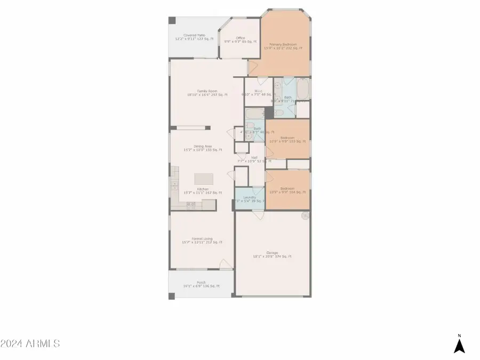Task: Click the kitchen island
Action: (203, 178)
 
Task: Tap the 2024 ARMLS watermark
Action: (30, 343)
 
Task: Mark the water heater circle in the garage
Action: (305, 216)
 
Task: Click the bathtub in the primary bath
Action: (302, 88)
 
